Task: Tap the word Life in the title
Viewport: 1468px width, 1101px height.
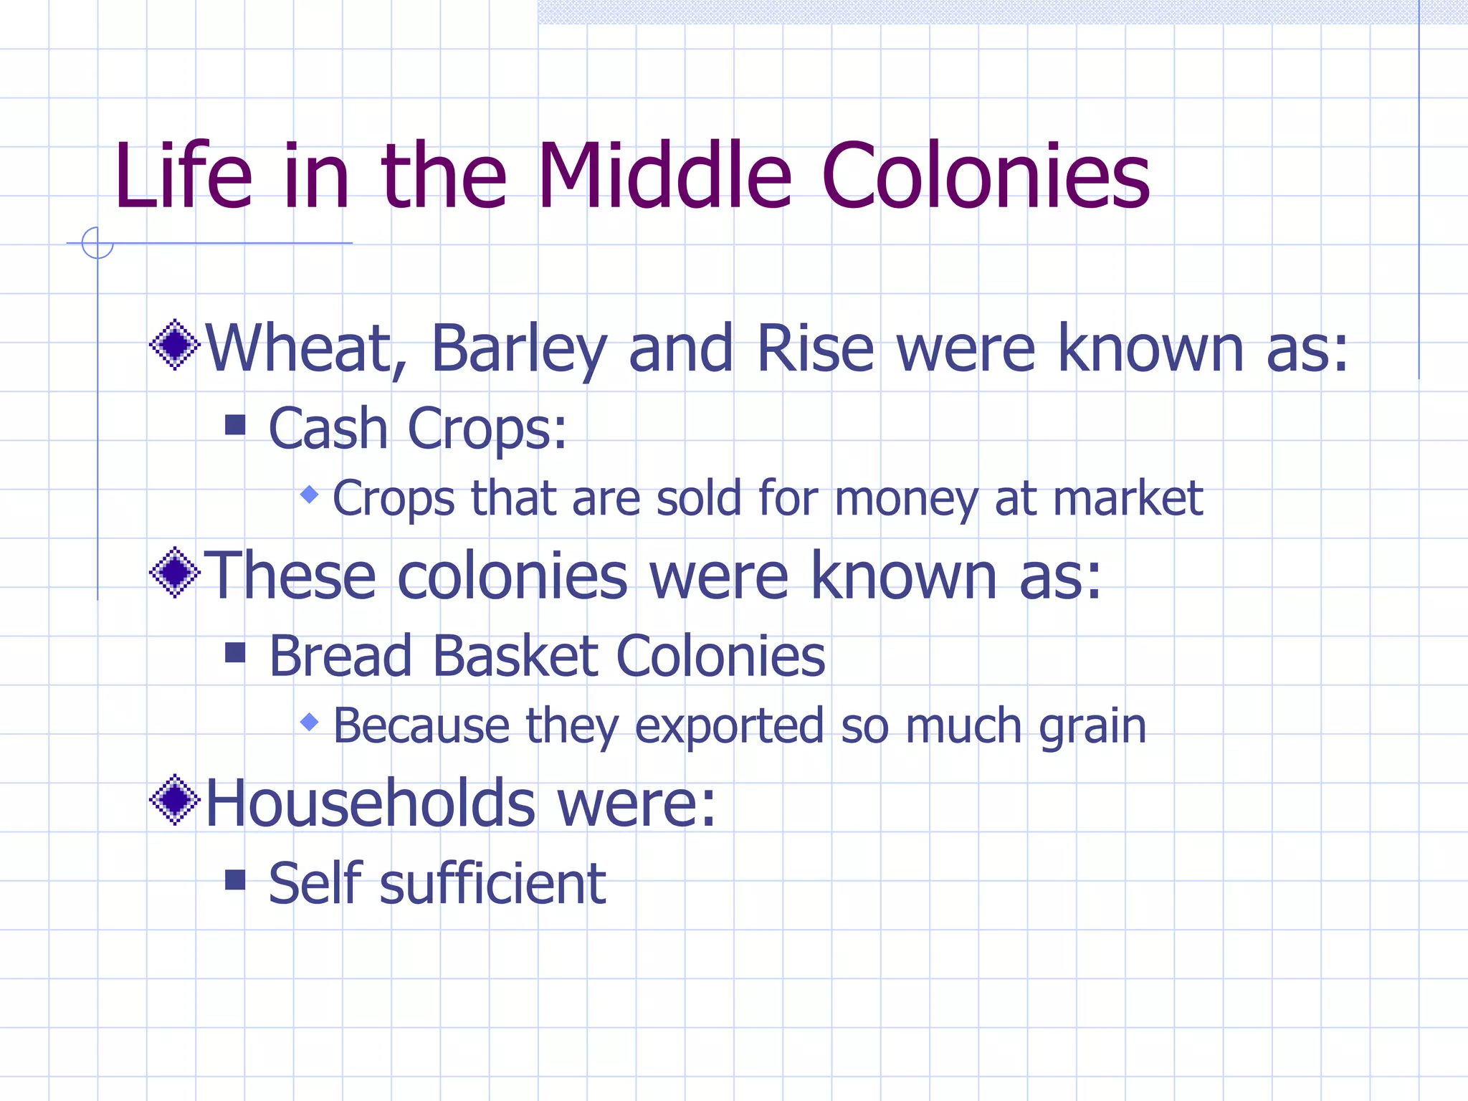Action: (183, 176)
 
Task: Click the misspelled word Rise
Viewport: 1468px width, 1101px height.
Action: (814, 349)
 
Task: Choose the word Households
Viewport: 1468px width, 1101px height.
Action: (370, 803)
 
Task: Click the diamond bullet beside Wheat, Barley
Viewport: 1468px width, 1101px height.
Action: (175, 345)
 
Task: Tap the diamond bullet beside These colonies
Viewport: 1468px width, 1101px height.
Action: (175, 572)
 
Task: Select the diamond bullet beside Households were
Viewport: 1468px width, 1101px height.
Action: (175, 799)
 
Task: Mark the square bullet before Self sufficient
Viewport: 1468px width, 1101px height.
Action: (235, 880)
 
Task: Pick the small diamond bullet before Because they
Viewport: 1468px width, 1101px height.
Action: (310, 722)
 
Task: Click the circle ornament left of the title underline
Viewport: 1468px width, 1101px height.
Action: (97, 243)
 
